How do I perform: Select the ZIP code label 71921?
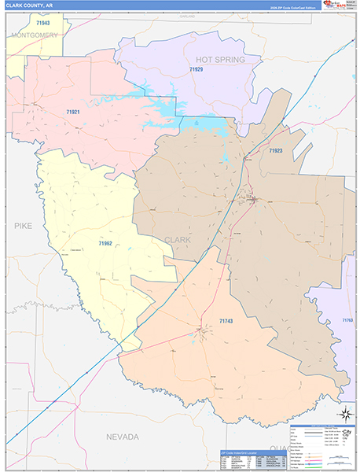[72, 112]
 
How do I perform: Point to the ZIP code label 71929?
[195, 70]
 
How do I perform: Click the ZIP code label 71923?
[275, 150]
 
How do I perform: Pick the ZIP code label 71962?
[105, 244]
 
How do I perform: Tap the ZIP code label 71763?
[347, 320]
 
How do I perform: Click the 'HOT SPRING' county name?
[220, 59]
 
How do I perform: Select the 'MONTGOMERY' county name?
[35, 35]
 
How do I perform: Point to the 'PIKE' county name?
[20, 225]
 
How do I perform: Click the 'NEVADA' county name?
[123, 436]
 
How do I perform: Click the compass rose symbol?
[343, 414]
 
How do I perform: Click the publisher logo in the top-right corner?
[338, 6]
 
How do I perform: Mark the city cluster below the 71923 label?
[253, 198]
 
